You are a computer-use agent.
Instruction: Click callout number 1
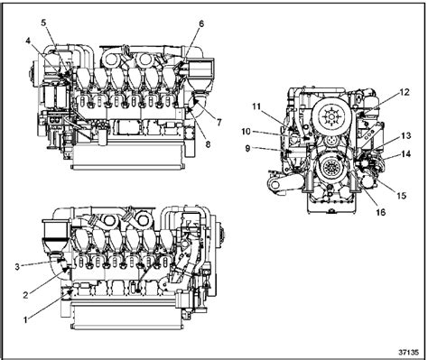point(25,319)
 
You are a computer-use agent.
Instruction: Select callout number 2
point(26,295)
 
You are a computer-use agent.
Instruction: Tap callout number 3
point(17,266)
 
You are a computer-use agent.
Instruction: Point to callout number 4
point(28,42)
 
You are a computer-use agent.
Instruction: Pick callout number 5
point(44,23)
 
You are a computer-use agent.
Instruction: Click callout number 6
point(201,23)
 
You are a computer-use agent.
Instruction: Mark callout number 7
point(219,122)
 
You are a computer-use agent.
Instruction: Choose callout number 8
point(208,144)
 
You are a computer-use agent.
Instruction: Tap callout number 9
point(247,148)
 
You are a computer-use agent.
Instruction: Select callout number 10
point(246,132)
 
